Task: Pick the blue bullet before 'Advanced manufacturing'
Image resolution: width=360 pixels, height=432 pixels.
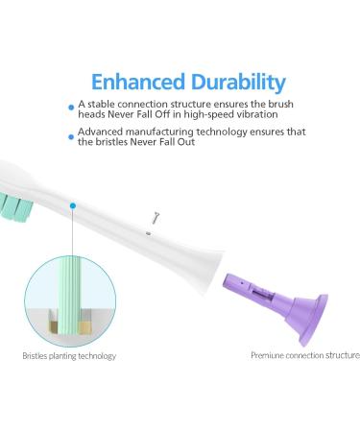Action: click(71, 136)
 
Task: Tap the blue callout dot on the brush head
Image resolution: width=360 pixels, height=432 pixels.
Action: click(72, 204)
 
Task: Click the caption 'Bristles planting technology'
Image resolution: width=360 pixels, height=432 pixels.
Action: click(69, 356)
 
